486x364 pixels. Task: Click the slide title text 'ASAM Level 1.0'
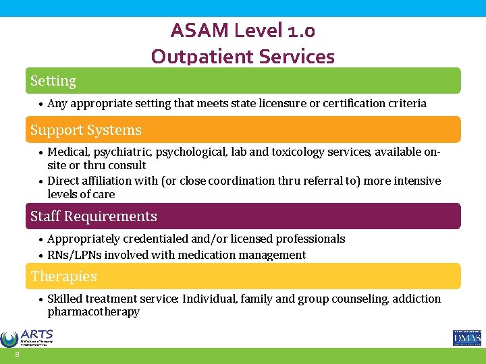pos(243,30)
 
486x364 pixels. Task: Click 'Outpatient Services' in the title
pos(243,56)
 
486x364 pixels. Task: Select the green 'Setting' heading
pos(53,81)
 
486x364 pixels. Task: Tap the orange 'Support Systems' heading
pos(86,130)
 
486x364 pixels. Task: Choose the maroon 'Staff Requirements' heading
pos(93,216)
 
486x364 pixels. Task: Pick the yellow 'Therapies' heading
pos(63,276)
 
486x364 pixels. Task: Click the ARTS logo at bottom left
pos(27,338)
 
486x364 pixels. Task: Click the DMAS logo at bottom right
pos(466,338)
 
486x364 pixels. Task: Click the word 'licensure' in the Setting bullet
pos(283,103)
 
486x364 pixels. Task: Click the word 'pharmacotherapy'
pos(93,312)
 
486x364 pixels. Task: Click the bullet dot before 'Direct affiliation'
pos(41,181)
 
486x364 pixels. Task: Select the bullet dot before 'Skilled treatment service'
pos(41,299)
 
